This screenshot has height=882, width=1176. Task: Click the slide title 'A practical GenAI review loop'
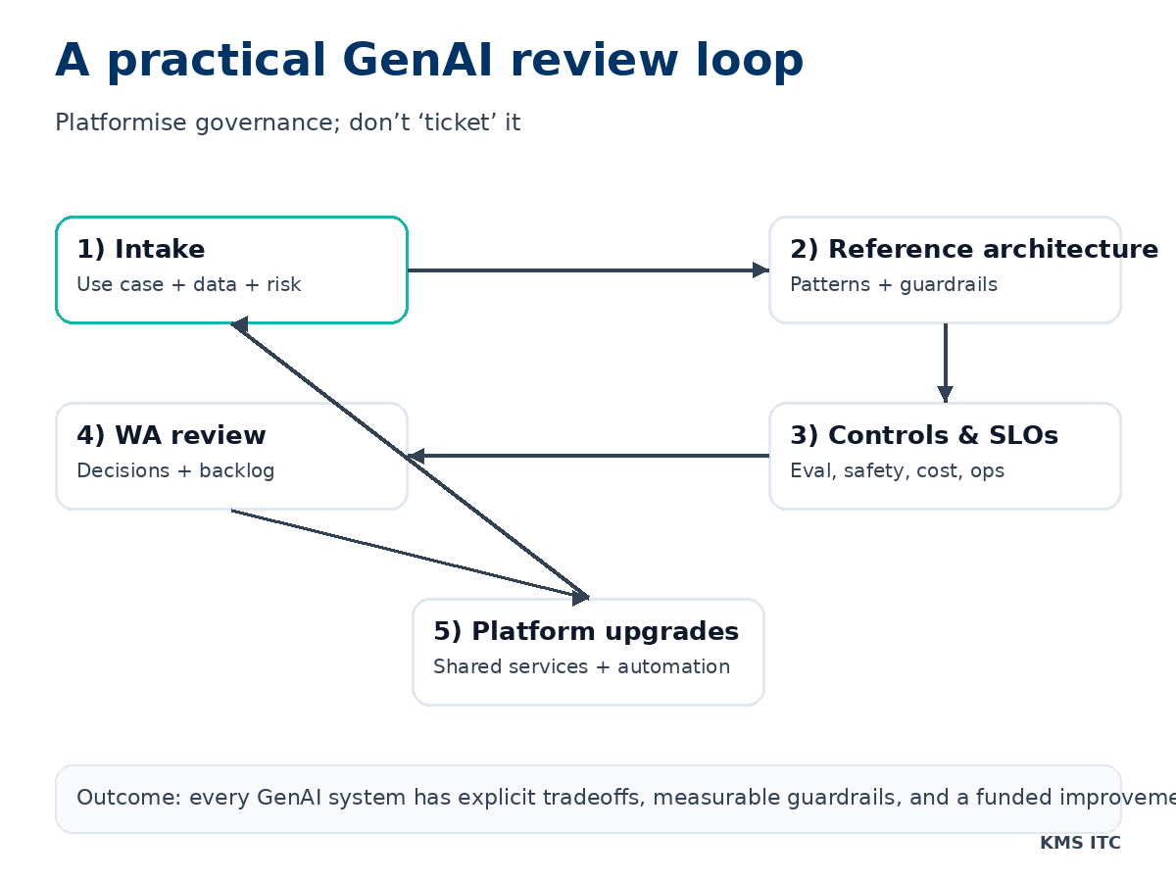(x=429, y=61)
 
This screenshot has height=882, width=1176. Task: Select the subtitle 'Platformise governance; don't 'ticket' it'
(x=287, y=123)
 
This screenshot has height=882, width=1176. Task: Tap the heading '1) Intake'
(x=140, y=250)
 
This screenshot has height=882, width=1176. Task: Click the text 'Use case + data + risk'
(x=188, y=285)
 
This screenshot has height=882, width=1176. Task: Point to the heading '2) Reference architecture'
(x=973, y=250)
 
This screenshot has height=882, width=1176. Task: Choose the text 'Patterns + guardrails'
(x=893, y=285)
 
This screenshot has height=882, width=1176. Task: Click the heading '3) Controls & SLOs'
(x=923, y=436)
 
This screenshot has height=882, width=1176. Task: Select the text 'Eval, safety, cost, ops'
(x=897, y=471)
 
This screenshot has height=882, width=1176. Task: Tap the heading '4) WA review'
(x=171, y=436)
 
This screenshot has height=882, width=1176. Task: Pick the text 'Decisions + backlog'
(x=175, y=471)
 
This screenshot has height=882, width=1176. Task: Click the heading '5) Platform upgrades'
(x=585, y=632)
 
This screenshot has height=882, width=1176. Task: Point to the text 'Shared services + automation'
(x=581, y=667)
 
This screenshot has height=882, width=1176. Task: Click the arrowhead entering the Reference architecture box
(x=760, y=270)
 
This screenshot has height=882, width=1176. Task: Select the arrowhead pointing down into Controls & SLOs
(x=945, y=393)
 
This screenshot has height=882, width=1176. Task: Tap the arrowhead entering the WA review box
(x=416, y=456)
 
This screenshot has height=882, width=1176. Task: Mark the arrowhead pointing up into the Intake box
(x=239, y=325)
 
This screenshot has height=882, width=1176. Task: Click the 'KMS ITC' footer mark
(x=1079, y=843)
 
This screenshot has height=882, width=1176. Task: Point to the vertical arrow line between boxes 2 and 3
(x=945, y=355)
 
